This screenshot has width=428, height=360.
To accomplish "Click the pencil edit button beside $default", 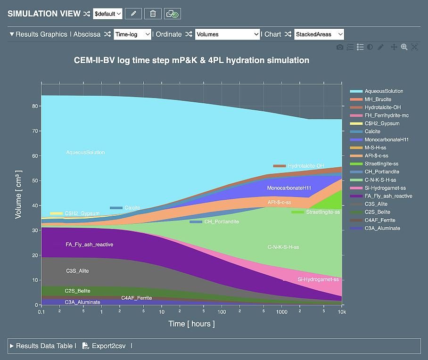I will click(133, 14).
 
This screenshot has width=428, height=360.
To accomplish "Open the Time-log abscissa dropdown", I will click(132, 34).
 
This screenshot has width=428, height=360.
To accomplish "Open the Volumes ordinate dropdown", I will click(227, 34).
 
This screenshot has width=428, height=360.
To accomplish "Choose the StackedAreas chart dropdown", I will click(319, 34).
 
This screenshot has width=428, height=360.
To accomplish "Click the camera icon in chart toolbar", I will click(339, 47).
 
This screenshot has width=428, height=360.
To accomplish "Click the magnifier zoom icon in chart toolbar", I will click(404, 47).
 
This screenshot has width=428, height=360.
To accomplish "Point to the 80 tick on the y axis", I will click(35, 106).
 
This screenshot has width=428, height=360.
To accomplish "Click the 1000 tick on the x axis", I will click(281, 312).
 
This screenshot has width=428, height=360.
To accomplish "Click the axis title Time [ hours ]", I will click(191, 324).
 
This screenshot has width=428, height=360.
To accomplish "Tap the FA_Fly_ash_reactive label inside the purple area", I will click(89, 245).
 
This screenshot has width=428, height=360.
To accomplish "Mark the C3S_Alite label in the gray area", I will click(77, 271).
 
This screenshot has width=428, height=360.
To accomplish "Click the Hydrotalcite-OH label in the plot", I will click(305, 166).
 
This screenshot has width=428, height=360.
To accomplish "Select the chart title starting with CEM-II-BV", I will click(191, 60).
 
